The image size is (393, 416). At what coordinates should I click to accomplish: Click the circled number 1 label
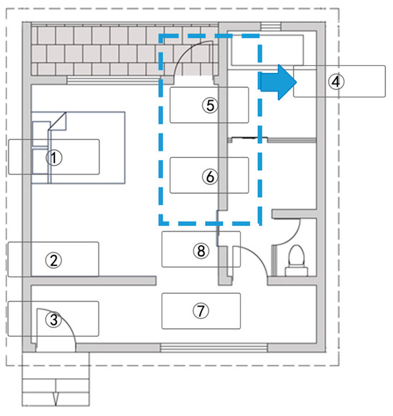pyautogui.click(x=54, y=158)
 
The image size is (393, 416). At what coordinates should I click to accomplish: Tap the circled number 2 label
pyautogui.click(x=54, y=260)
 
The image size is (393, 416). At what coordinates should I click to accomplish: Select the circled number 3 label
pyautogui.click(x=54, y=320)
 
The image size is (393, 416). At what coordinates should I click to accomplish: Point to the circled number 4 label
pyautogui.click(x=336, y=81)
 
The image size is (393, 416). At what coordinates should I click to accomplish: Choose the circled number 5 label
pyautogui.click(x=210, y=105)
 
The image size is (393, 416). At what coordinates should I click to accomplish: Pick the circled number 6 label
pyautogui.click(x=210, y=177)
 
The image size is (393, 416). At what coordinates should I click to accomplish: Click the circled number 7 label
pyautogui.click(x=201, y=311)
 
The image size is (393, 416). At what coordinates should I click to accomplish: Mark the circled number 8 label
pyautogui.click(x=201, y=251)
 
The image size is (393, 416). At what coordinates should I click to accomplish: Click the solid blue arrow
pyautogui.click(x=278, y=82)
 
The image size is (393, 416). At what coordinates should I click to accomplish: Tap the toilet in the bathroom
pyautogui.click(x=297, y=261)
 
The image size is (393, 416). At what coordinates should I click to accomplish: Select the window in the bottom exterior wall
pyautogui.click(x=214, y=347)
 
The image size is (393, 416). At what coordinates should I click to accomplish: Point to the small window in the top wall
pyautogui.click(x=271, y=26)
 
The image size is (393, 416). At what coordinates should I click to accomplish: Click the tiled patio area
pyautogui.click(x=124, y=51)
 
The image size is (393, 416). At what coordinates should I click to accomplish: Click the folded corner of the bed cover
pyautogui.click(x=58, y=121)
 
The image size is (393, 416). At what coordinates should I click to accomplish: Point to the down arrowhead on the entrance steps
pyautogui.click(x=56, y=400)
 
